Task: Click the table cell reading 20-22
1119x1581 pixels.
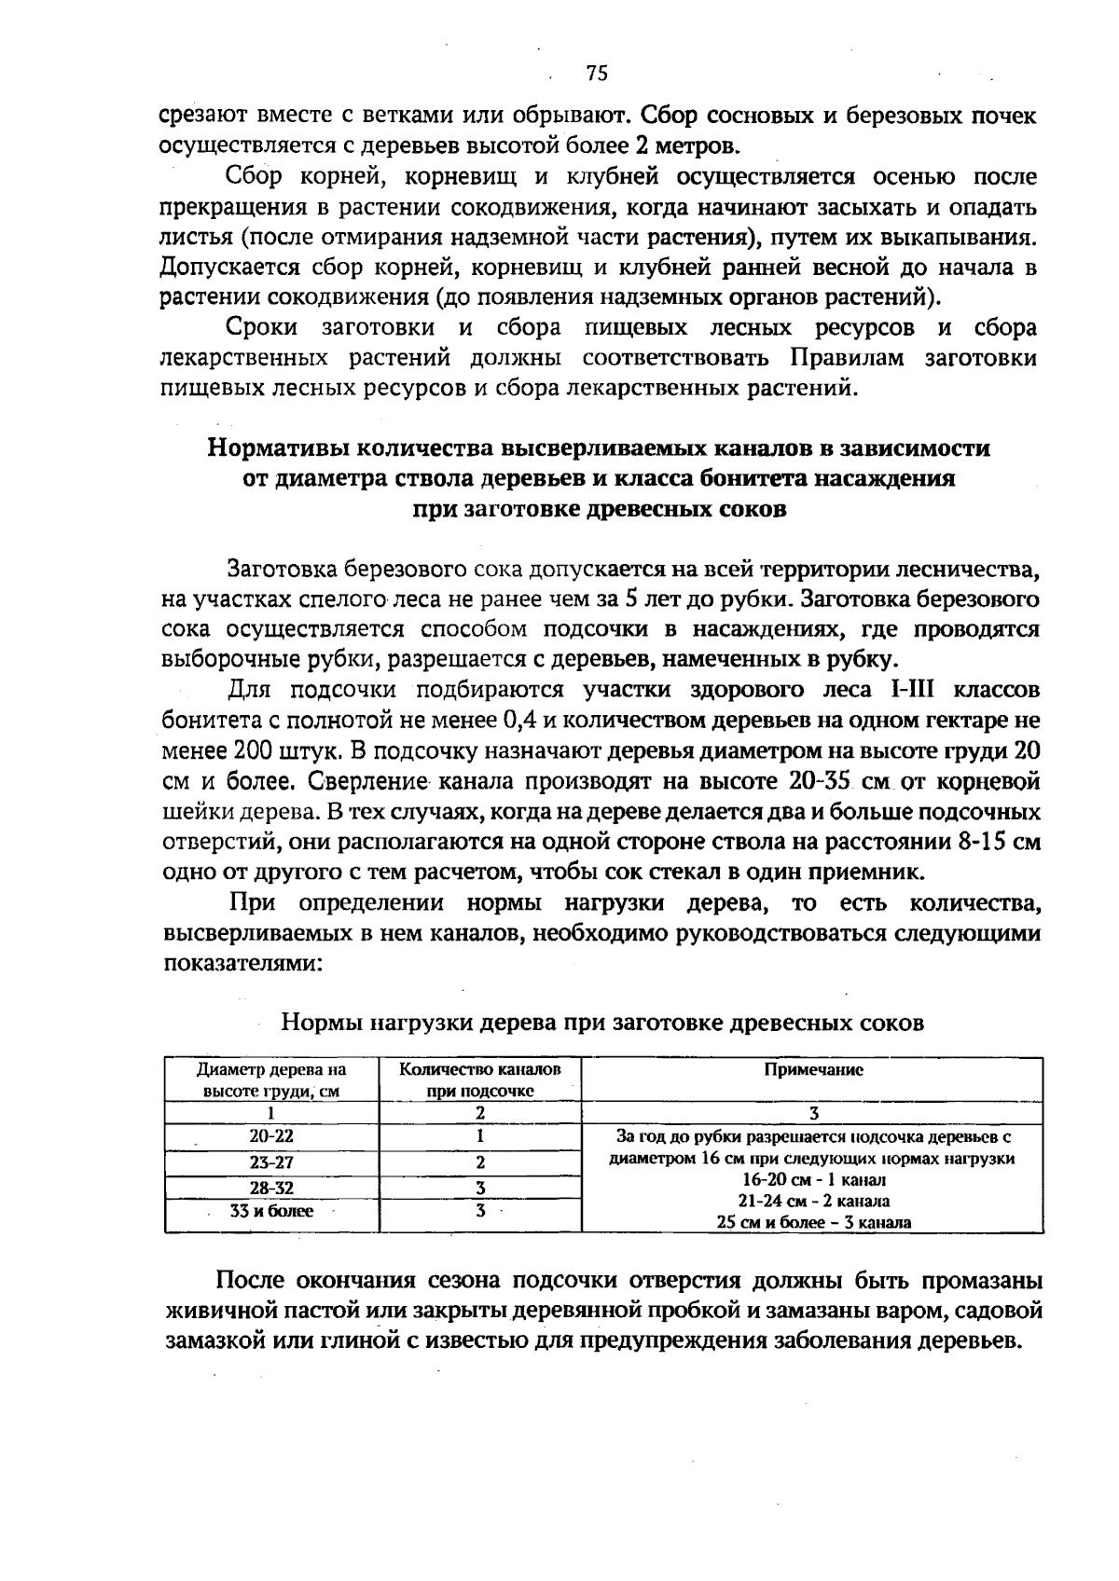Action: coord(271,1136)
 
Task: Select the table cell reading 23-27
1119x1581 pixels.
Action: coord(271,1162)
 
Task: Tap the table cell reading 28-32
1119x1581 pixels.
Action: coord(271,1188)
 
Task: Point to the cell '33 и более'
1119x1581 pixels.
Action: coord(271,1211)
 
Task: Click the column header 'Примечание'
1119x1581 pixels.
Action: coord(813,1070)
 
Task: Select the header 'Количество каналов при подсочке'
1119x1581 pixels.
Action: coord(480,1079)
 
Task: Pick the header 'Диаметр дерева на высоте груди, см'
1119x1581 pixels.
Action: coord(271,1079)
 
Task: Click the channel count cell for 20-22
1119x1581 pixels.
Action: coord(480,1136)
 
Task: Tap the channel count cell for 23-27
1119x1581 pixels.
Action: coord(480,1162)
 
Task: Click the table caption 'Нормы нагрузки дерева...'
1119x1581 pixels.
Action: coord(602,1023)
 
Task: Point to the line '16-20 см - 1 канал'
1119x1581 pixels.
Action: coord(813,1179)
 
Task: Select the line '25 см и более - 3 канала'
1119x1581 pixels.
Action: coord(813,1222)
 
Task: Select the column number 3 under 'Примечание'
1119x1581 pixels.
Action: coord(813,1112)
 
